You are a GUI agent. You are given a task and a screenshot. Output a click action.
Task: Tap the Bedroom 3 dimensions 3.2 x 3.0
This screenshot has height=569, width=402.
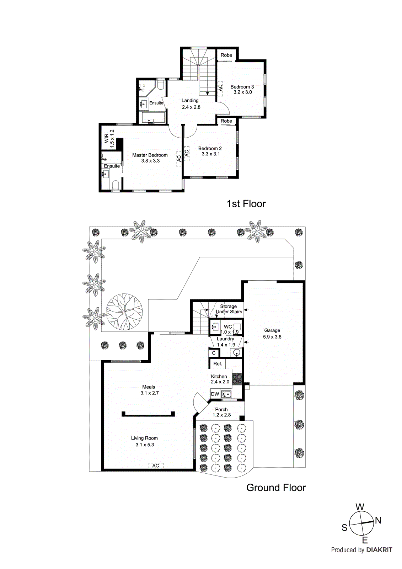[x=242, y=92]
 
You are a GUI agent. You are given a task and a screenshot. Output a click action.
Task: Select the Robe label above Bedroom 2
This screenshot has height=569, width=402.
[x=226, y=121]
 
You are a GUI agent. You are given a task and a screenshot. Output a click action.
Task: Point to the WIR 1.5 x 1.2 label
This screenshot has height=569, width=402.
[x=109, y=138]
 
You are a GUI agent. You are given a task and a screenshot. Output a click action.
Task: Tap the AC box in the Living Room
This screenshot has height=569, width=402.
[x=156, y=466]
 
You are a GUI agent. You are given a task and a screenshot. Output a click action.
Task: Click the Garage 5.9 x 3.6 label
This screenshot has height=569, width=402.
[x=272, y=334]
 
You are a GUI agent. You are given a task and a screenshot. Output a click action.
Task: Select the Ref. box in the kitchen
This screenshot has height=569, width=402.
[x=218, y=363]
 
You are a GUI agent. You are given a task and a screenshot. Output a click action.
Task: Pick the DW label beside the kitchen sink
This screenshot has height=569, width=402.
[x=215, y=394]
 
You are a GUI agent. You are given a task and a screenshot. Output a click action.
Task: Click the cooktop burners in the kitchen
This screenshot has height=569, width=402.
[x=237, y=379]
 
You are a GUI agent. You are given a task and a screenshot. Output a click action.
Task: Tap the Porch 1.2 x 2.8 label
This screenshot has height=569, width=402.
[x=221, y=412]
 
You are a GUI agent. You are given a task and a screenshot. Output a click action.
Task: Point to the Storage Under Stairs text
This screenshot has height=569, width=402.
[x=229, y=309]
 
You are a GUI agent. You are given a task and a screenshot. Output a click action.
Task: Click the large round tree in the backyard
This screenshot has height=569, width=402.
[x=124, y=312]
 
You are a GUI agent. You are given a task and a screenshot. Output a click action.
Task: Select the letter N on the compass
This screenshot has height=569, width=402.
[x=378, y=520]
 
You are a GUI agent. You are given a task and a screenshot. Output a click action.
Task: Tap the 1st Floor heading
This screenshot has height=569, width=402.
[x=246, y=204]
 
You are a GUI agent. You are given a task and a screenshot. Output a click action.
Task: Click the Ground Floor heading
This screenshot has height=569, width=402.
[x=276, y=488]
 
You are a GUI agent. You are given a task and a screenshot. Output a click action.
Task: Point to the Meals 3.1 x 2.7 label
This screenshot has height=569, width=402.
[x=149, y=390]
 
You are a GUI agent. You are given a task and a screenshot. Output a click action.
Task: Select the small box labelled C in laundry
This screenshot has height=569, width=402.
[x=214, y=353]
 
